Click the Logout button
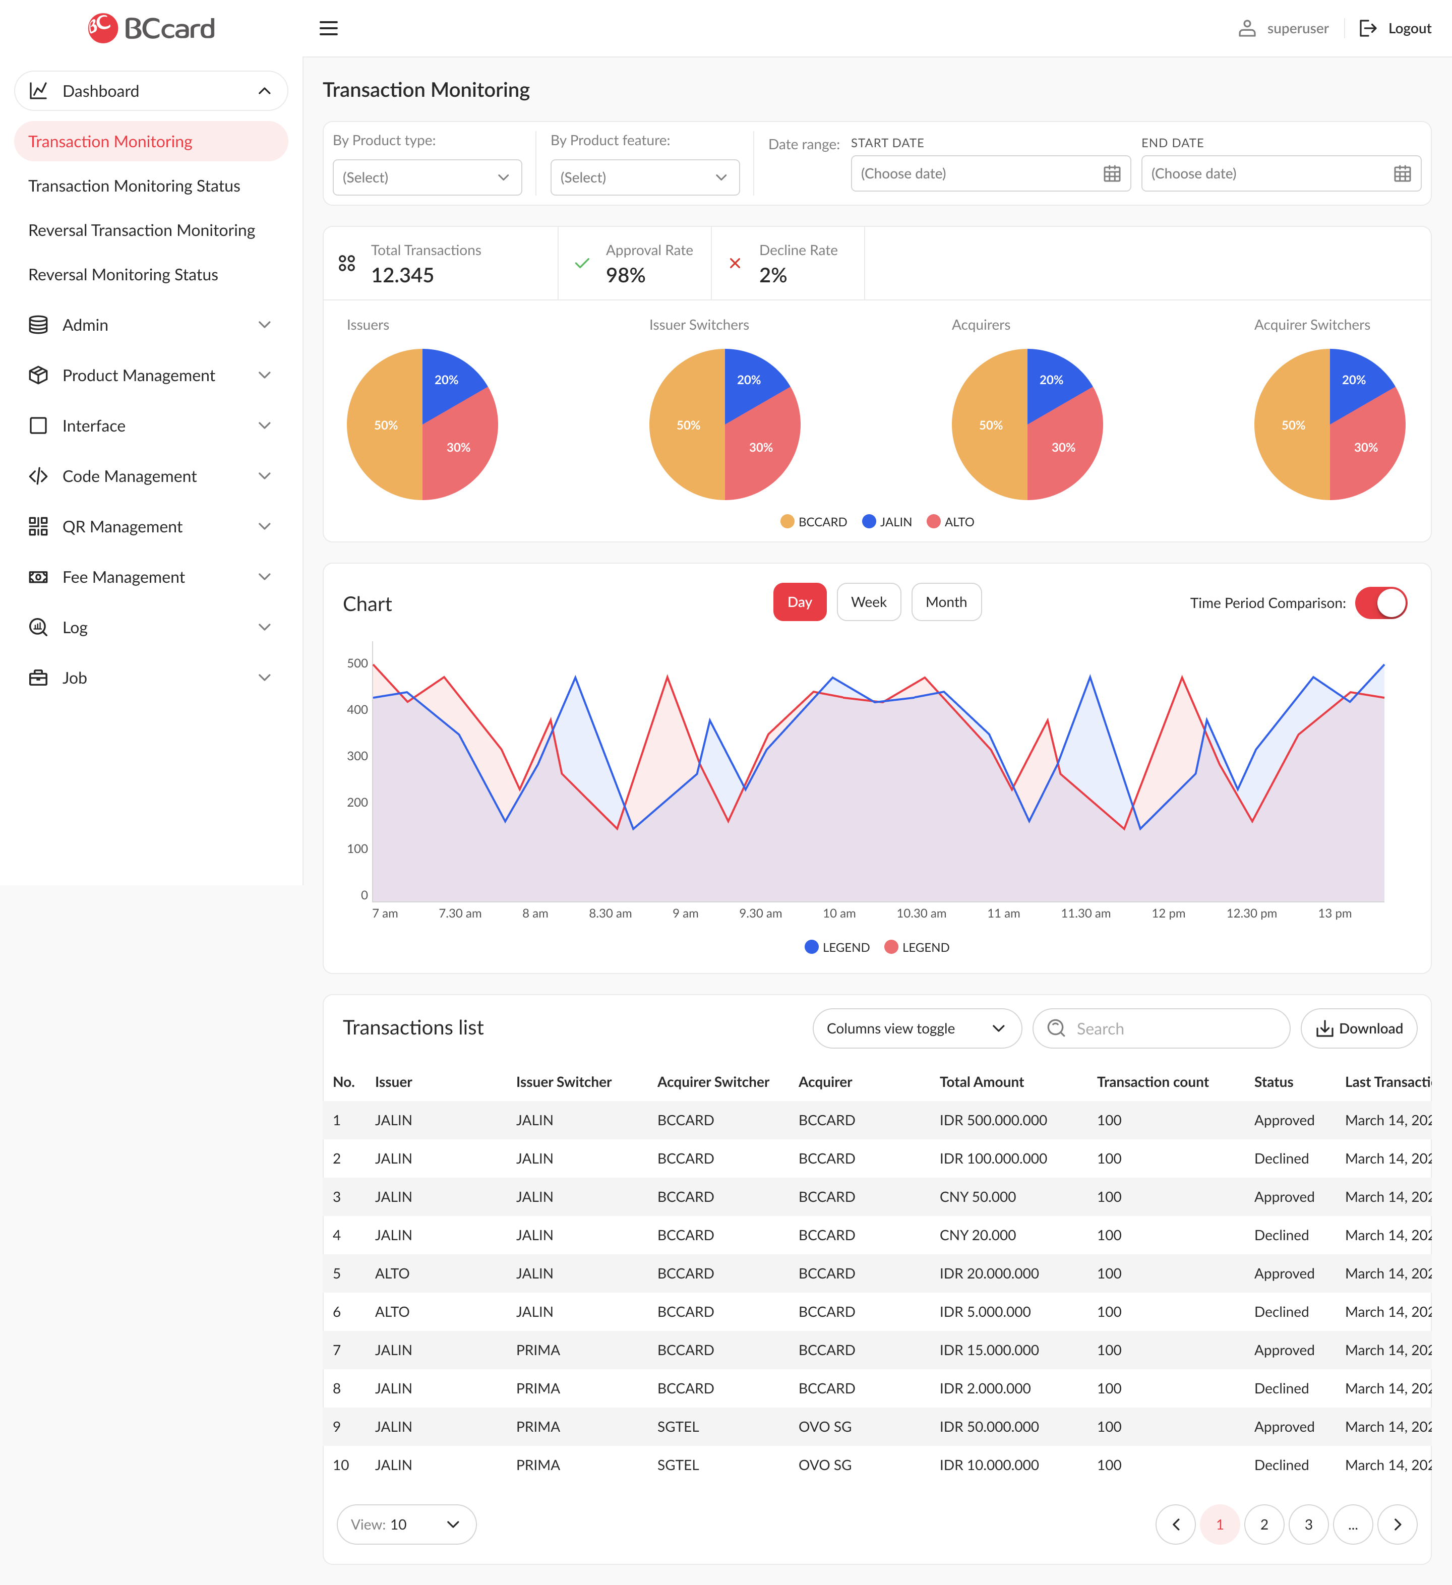click(1396, 28)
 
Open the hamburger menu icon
click(329, 28)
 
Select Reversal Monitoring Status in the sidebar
click(124, 274)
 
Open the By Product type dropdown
click(427, 177)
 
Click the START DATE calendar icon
click(1111, 174)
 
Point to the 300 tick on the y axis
click(357, 756)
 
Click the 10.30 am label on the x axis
click(921, 913)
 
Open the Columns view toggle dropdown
click(916, 1028)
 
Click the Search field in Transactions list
click(1171, 1028)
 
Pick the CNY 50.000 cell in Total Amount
click(977, 1197)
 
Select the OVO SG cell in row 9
click(825, 1426)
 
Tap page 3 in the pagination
click(1308, 1525)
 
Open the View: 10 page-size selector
click(406, 1525)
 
